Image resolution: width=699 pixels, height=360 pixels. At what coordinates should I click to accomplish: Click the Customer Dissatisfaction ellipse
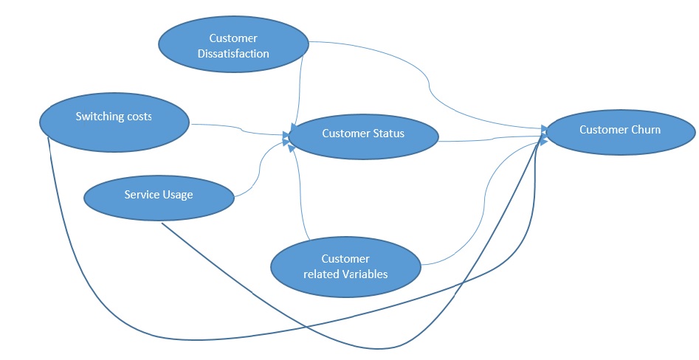click(x=233, y=44)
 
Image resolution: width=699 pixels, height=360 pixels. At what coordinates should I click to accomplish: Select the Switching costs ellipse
click(x=114, y=122)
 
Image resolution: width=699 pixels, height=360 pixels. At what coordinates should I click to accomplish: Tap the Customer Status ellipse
click(x=363, y=136)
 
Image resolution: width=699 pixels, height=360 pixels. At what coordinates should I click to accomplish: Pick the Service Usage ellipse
click(x=159, y=198)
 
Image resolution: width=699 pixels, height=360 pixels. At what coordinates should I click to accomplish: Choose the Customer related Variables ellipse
click(x=345, y=266)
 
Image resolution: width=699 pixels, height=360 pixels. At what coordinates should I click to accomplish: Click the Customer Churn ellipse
click(x=620, y=132)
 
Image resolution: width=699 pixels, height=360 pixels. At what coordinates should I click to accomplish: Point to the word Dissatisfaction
click(x=233, y=54)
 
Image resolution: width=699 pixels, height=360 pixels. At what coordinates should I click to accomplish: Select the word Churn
click(x=646, y=130)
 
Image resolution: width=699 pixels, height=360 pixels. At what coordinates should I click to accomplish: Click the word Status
click(x=388, y=134)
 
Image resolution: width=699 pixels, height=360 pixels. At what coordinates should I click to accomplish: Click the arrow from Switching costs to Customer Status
click(x=241, y=129)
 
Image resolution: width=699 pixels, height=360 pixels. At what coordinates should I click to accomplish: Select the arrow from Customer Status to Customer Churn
click(x=492, y=139)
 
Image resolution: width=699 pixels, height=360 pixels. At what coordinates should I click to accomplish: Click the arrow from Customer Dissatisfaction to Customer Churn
click(x=430, y=85)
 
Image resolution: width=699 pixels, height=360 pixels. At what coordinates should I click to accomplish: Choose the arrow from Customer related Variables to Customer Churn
click(x=484, y=201)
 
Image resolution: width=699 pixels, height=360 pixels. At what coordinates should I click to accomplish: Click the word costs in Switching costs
click(x=140, y=117)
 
